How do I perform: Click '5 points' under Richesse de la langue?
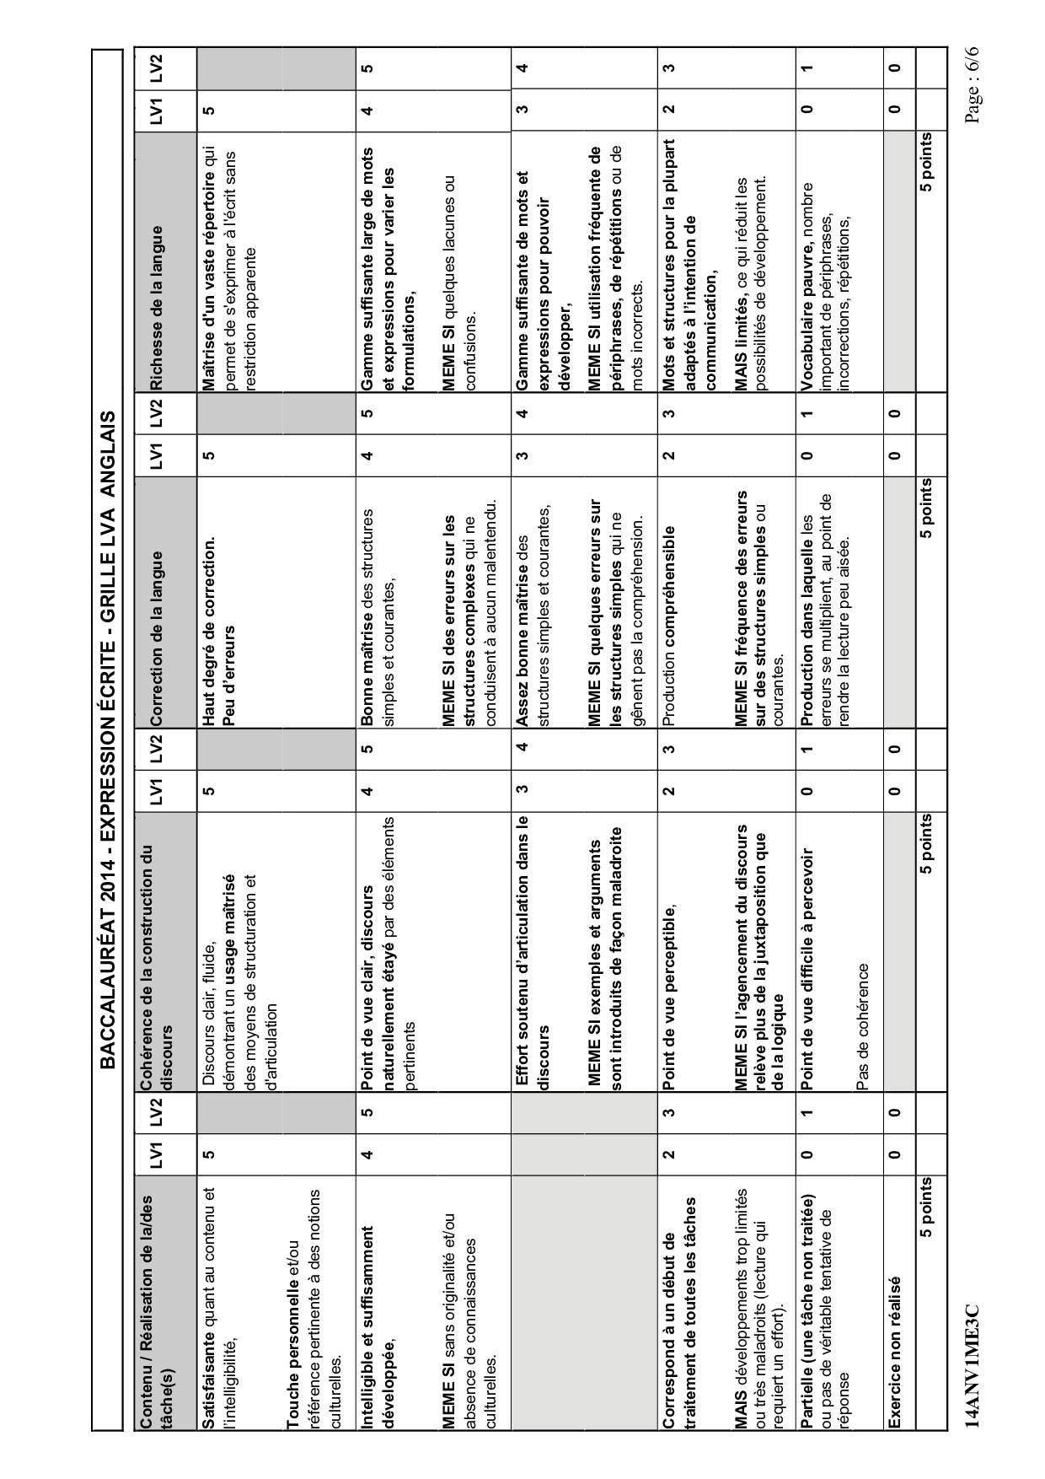[926, 164]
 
